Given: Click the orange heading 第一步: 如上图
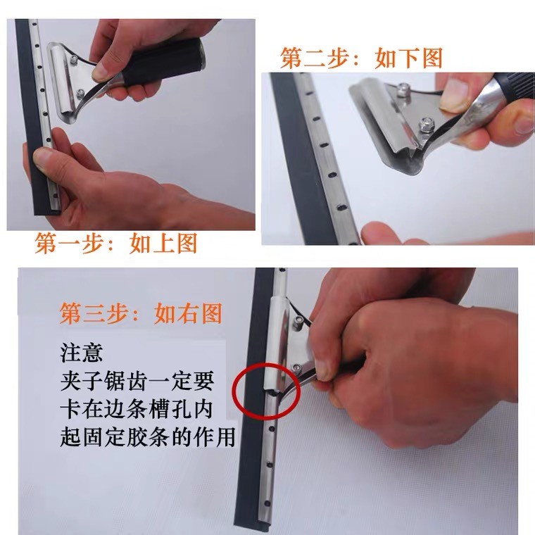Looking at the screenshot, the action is point(116,243).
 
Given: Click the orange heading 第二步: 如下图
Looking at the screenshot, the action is point(361,58).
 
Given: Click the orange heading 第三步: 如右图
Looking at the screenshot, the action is point(141,313).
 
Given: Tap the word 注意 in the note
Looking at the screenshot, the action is point(82,353).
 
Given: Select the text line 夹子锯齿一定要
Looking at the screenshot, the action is point(137,381).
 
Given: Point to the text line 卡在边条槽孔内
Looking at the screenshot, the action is point(137,409).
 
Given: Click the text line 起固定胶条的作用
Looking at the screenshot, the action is point(148,437).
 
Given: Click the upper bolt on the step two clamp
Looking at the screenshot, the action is point(403,89).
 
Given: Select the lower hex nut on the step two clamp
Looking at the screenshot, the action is point(426,124).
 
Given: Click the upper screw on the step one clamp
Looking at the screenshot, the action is point(73,60).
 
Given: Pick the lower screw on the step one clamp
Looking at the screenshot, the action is point(80,92).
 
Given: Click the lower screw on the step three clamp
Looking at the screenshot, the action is point(297,367).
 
